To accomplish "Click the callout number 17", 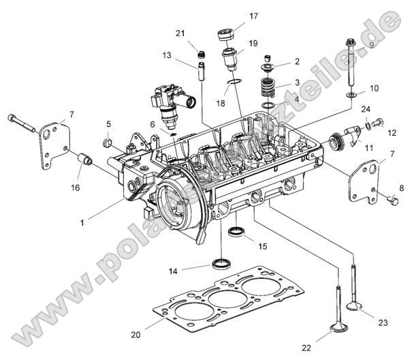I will click(x=253, y=16).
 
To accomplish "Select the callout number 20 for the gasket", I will click(x=136, y=335).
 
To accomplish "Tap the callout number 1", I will click(x=82, y=222).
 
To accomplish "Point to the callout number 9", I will click(x=371, y=45).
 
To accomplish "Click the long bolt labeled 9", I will click(x=351, y=65).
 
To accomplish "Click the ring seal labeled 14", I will click(x=222, y=263).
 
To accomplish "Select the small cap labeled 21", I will click(x=200, y=55).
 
